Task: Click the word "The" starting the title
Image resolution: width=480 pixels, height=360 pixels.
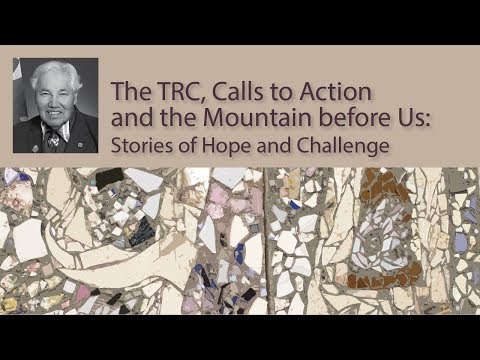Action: click(131, 92)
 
